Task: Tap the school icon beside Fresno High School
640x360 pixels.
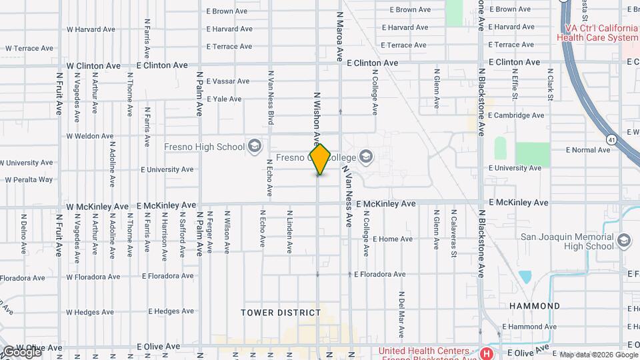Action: (254, 146)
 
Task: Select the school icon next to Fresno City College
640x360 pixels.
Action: (365, 157)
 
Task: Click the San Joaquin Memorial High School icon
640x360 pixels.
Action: (624, 240)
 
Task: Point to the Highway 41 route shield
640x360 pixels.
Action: (611, 139)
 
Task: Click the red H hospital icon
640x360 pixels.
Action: (487, 353)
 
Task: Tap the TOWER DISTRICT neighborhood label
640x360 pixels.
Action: (281, 312)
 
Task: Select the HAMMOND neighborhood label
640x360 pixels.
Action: (535, 306)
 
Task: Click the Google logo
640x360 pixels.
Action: (21, 351)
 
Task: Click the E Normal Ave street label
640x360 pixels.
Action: (587, 150)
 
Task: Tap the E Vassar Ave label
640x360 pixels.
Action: (228, 81)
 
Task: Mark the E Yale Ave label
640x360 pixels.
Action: (224, 99)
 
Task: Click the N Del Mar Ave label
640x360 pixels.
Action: (401, 313)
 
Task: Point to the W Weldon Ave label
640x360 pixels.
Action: (90, 136)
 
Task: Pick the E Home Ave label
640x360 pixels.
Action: (393, 239)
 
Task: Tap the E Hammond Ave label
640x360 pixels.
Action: (529, 327)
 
